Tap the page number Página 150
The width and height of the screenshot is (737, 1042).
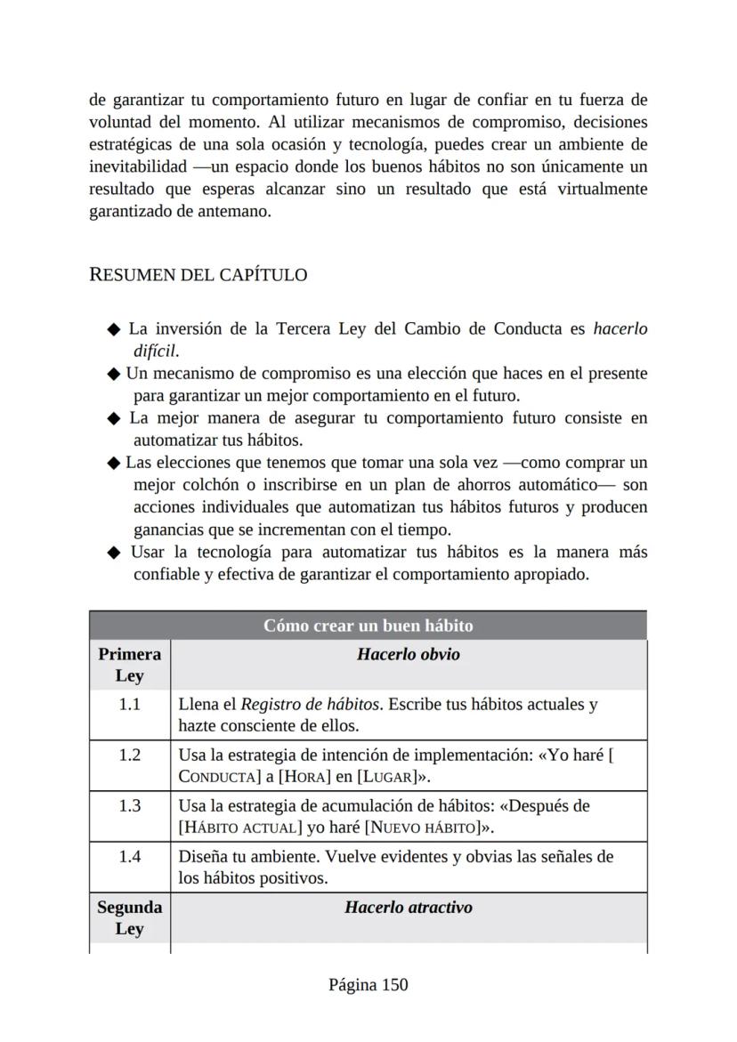(368, 984)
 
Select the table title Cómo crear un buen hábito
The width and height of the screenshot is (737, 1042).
(368, 626)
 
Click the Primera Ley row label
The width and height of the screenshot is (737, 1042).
(129, 665)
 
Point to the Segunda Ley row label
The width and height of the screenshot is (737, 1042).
(129, 917)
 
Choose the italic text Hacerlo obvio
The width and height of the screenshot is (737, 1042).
(408, 654)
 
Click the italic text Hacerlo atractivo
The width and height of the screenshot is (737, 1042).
(408, 908)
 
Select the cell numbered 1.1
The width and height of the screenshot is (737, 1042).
(129, 705)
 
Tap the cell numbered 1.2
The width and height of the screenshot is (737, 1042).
(129, 755)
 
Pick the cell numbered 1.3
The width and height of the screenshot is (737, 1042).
(129, 806)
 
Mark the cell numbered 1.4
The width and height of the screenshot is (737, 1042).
(129, 857)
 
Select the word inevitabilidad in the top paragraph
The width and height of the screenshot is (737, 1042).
(138, 166)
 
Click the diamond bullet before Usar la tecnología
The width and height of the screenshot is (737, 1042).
(113, 553)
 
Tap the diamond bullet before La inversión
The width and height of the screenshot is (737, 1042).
(113, 329)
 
